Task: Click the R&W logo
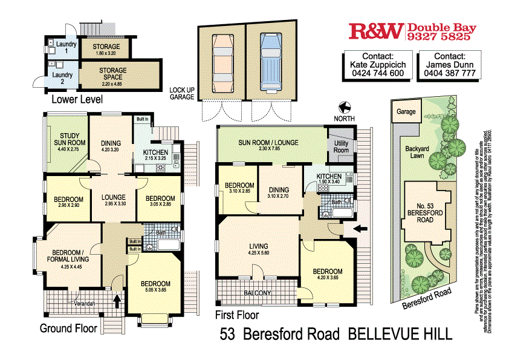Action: coord(376,32)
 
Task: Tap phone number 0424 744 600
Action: coord(377,73)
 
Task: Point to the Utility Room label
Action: coord(341,146)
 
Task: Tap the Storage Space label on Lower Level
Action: coord(113,74)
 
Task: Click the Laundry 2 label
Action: coord(62,79)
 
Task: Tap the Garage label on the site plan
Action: coord(406,112)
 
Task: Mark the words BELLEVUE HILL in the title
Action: coord(401,334)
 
